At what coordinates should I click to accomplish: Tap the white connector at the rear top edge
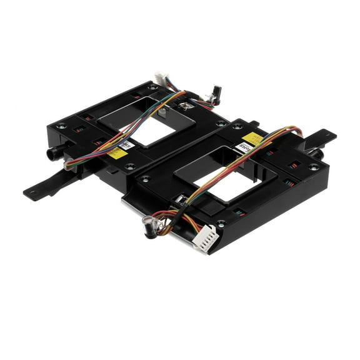point(161,79)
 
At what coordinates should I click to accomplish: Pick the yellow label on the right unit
point(252,139)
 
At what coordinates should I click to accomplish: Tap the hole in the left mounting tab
point(30,192)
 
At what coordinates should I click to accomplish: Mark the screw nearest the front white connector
point(221,222)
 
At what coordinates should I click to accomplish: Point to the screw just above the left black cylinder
point(61,126)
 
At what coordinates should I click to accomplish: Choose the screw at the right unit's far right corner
point(314,167)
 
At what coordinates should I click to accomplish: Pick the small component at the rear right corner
point(216,93)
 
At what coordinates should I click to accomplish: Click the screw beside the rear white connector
point(152,87)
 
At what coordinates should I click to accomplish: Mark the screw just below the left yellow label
point(130,167)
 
